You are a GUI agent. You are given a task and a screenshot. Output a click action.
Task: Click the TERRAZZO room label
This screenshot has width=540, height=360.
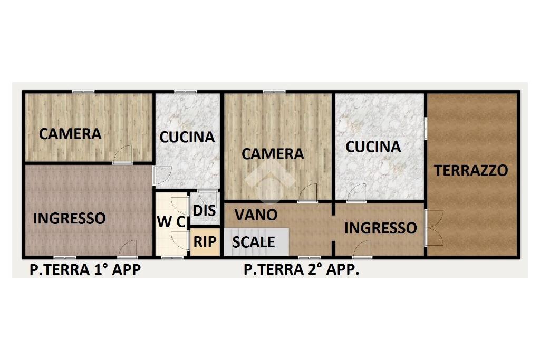[471, 170]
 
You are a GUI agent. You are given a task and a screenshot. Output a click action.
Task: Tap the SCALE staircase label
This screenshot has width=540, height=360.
[254, 242]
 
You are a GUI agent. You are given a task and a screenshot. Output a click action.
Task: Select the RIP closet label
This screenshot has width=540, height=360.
[205, 242]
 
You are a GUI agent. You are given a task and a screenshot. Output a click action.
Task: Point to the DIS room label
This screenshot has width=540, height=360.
[204, 210]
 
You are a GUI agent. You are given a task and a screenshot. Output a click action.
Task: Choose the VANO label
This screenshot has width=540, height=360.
[256, 215]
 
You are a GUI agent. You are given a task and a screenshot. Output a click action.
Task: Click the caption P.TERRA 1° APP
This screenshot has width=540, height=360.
[85, 270]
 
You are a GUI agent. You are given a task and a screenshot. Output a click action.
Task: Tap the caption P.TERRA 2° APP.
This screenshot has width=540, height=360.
[301, 270]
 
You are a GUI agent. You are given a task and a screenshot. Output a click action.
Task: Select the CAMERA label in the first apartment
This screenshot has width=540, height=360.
[70, 134]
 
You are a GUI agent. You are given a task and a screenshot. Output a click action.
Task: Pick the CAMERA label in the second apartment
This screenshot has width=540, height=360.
[273, 154]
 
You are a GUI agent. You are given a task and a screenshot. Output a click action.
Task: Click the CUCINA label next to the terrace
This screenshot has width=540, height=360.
[373, 147]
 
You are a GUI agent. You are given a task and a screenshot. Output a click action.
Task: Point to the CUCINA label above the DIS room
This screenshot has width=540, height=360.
[187, 137]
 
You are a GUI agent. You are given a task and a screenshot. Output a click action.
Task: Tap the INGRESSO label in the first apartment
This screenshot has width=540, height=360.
[69, 218]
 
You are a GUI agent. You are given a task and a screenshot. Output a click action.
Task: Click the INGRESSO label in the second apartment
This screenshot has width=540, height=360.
[380, 228]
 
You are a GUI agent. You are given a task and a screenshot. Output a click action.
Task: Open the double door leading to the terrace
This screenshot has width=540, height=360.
[432, 227]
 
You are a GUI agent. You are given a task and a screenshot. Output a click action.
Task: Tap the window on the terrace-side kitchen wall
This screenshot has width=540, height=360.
[426, 128]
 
